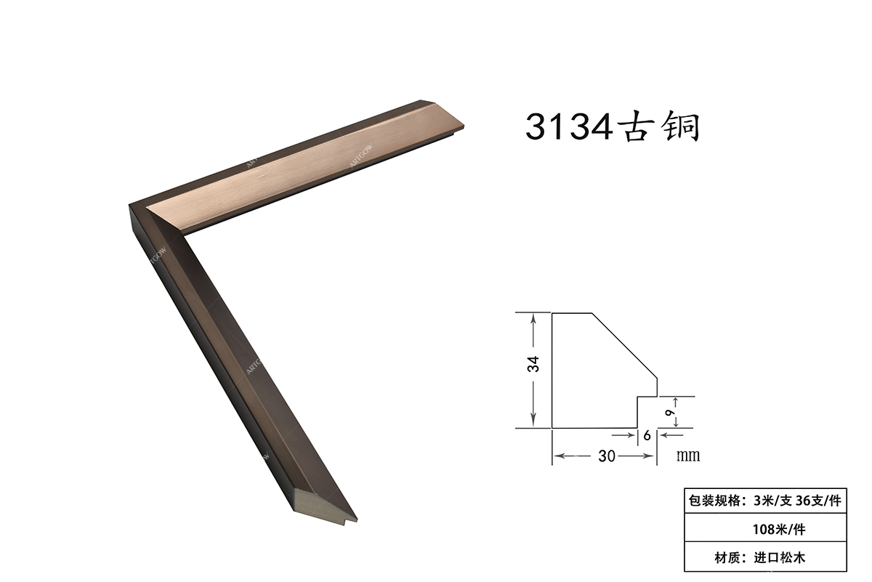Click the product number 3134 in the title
point(569,127)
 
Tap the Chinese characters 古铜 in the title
point(658,126)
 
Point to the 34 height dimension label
point(533,364)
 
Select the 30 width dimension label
point(607,456)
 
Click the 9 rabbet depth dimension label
point(670,412)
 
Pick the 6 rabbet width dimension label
point(647,435)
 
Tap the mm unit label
point(688,455)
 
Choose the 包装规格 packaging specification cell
point(765,501)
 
